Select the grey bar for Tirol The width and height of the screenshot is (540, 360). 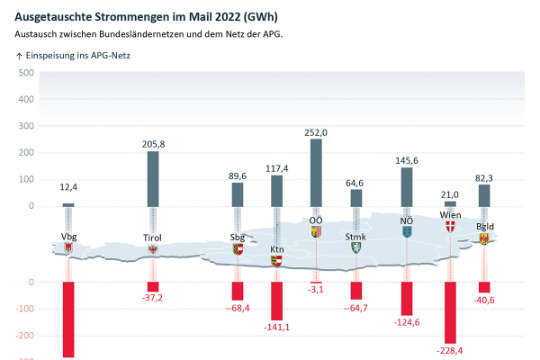[153, 179]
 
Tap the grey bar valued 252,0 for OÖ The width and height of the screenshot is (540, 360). [316, 172]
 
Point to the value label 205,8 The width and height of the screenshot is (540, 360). [153, 144]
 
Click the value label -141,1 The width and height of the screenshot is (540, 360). [277, 326]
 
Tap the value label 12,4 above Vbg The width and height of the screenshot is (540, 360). [69, 187]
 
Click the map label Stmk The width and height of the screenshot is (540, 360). [355, 237]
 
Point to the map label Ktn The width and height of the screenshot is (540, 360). [277, 249]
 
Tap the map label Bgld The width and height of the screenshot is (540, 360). [484, 227]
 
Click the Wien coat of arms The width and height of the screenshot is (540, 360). [449, 227]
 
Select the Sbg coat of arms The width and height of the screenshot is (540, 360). [238, 249]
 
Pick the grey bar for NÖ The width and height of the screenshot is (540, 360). [406, 187]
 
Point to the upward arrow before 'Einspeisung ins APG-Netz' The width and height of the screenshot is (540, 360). [19, 56]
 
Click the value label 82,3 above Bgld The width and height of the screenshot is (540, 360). [484, 177]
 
